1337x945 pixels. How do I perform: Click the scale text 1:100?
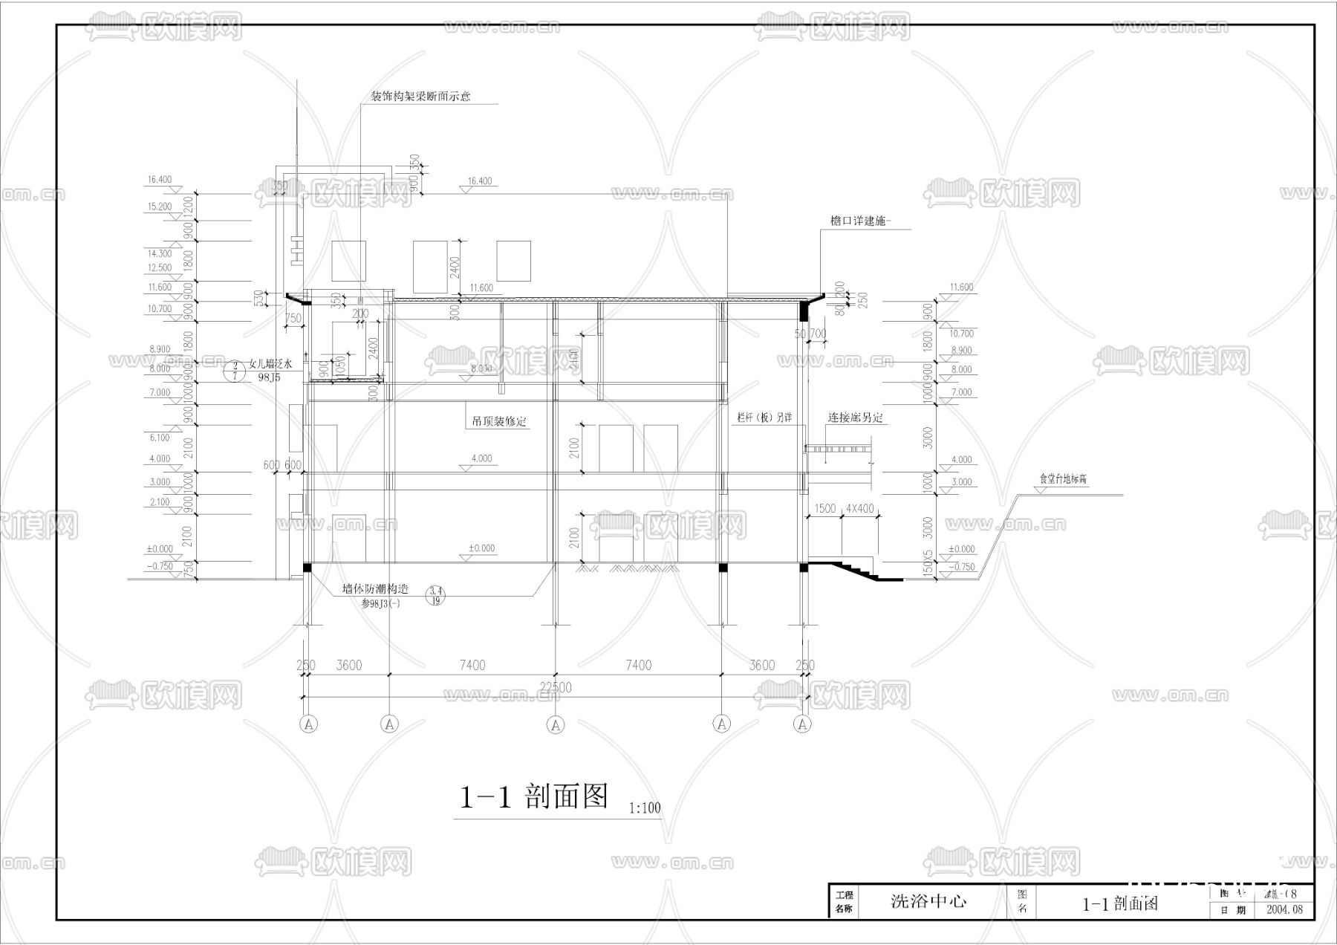click(644, 808)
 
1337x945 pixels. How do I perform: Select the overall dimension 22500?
click(556, 688)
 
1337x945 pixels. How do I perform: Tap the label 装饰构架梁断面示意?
click(420, 97)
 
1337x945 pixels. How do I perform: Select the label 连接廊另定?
click(856, 418)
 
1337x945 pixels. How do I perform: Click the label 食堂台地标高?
click(1062, 480)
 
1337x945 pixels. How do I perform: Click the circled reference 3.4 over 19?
click(436, 595)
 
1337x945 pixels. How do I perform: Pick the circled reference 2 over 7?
click(235, 371)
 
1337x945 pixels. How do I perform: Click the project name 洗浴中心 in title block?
click(928, 902)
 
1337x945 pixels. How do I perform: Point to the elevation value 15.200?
click(160, 207)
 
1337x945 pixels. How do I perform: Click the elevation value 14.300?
click(160, 253)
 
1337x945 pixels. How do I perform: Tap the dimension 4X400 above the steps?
click(860, 509)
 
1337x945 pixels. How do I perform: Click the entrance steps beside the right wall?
click(854, 571)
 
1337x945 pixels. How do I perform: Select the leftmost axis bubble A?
click(310, 724)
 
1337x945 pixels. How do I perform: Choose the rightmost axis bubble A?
click(801, 724)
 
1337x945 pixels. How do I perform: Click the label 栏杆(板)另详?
click(764, 418)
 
